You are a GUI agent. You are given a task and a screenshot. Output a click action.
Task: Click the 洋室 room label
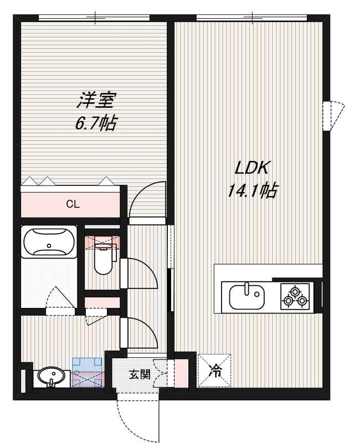(96, 100)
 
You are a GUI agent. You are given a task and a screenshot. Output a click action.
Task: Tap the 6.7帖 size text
(95, 122)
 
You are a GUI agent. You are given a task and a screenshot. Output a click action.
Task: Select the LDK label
(251, 168)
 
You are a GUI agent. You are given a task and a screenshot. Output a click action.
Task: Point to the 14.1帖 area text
(252, 190)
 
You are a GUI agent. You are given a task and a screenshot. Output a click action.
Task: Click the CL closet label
(73, 204)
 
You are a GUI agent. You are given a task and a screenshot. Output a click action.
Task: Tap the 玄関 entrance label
(140, 375)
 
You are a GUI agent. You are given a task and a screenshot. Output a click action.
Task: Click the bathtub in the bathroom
(49, 241)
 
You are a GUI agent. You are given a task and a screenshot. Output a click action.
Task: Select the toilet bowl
(104, 257)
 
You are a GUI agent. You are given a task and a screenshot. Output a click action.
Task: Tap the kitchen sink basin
(247, 297)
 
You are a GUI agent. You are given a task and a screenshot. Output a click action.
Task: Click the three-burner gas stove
(295, 296)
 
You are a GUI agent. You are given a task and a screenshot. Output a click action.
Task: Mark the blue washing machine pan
(88, 373)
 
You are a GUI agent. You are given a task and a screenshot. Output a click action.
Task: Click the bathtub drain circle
(49, 245)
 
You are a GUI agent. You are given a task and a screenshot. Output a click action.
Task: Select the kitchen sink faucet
(247, 288)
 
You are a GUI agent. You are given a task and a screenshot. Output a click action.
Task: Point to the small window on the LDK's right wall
(333, 116)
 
